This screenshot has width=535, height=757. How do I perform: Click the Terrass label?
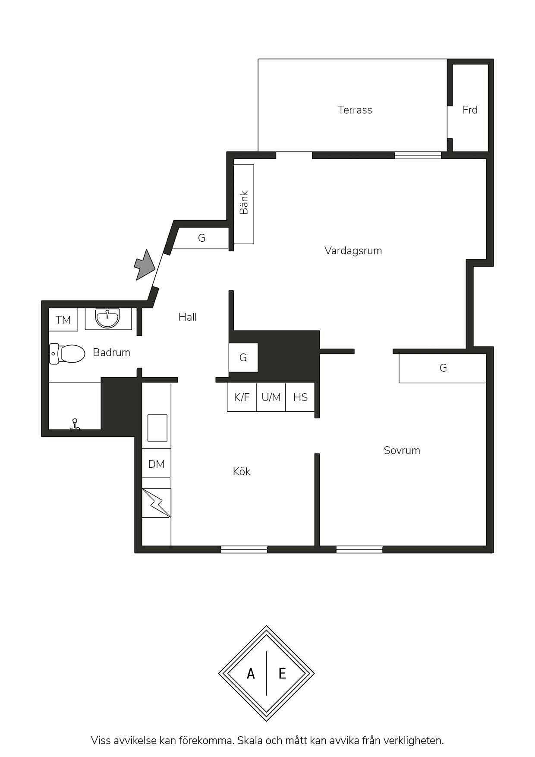tap(355, 110)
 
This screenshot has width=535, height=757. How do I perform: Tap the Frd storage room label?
tap(470, 110)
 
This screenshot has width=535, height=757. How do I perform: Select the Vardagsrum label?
tap(353, 251)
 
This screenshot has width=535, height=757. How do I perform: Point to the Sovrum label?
tap(402, 451)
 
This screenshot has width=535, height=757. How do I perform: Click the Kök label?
tap(242, 471)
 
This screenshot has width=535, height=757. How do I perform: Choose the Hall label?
tap(188, 317)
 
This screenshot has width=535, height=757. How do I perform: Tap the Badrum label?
tap(111, 353)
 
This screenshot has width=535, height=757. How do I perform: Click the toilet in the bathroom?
tap(67, 353)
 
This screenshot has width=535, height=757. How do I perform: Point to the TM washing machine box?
tap(63, 320)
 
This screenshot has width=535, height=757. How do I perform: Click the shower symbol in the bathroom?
tap(75, 424)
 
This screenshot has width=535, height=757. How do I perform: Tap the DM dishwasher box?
tap(156, 464)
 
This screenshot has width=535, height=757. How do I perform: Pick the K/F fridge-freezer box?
tap(242, 397)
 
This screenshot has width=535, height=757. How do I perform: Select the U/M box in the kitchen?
tap(271, 397)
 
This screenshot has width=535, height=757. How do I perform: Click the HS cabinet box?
tap(300, 397)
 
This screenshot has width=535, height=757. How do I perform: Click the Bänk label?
tap(244, 203)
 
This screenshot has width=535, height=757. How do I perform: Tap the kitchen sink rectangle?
tap(157, 428)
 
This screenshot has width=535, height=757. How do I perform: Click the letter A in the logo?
tap(251, 673)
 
